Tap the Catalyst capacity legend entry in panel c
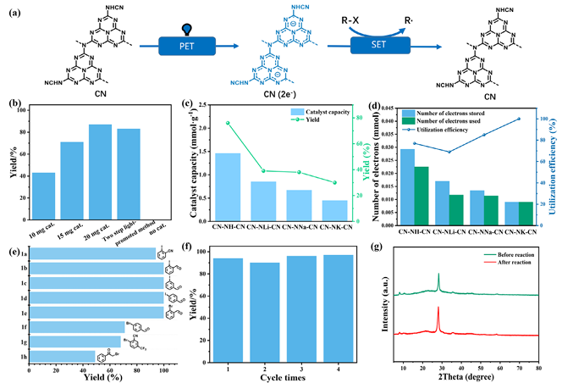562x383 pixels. [x=305, y=112]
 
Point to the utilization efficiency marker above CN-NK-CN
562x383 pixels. [x=519, y=119]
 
